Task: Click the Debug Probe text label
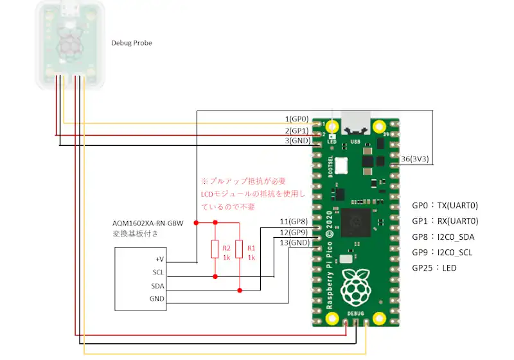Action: [132, 43]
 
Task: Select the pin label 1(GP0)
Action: [297, 119]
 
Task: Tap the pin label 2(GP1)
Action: [297, 130]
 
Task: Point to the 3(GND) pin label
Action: [297, 140]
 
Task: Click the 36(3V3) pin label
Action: [415, 159]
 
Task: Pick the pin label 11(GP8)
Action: [295, 221]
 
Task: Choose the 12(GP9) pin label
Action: [295, 232]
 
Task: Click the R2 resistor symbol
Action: [215, 249]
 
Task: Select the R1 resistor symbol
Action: [240, 249]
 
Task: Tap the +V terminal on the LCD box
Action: [159, 259]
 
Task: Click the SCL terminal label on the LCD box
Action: [158, 273]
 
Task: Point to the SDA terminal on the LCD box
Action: [157, 286]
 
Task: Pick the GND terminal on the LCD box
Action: [157, 299]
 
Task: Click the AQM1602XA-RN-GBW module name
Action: [148, 224]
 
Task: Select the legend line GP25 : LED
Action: [434, 267]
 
